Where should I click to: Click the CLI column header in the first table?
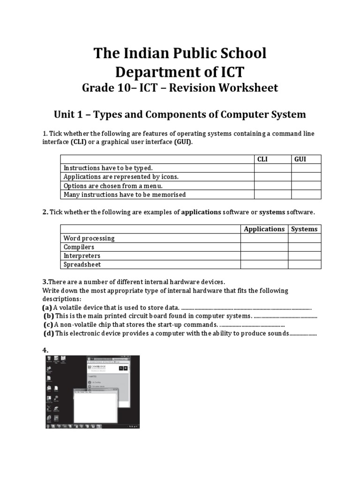[x=262, y=159]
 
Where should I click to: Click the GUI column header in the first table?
[x=300, y=159]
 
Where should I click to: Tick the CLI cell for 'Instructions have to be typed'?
[x=272, y=168]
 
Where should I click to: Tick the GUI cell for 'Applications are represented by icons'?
[x=306, y=177]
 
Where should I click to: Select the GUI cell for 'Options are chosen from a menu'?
[x=306, y=186]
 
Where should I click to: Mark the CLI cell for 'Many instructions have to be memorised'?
[x=272, y=195]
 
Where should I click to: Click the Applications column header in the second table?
[x=264, y=229]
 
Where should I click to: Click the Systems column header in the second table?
[x=304, y=229]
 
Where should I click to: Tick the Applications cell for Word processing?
[x=264, y=238]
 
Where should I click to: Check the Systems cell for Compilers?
[x=304, y=247]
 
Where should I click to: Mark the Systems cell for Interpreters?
[x=304, y=256]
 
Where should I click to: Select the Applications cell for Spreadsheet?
[x=264, y=264]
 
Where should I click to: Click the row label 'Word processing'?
[x=89, y=238]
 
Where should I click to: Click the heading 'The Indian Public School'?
[x=180, y=53]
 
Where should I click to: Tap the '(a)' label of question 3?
[x=47, y=307]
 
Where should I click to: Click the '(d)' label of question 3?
[x=49, y=333]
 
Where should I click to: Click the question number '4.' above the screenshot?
[x=45, y=350]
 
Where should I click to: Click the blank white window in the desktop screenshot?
[x=94, y=408]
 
